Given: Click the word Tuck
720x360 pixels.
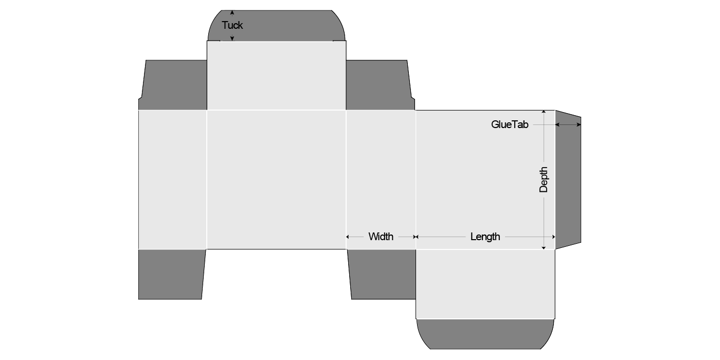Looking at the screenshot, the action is [232, 25].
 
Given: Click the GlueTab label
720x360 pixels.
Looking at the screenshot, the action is [510, 124].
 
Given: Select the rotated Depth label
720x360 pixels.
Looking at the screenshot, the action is [544, 179].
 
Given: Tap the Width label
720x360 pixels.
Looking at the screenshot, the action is [381, 237].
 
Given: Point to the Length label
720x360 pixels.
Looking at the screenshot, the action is [485, 237].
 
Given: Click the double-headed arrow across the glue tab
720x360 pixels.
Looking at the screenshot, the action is [568, 124].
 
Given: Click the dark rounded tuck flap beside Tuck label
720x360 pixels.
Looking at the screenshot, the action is [277, 25].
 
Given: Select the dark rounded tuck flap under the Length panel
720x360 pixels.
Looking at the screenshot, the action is [485, 334].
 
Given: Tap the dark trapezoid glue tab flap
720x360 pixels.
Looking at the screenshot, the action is [568, 179].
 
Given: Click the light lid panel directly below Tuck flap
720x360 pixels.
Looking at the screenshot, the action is [277, 76].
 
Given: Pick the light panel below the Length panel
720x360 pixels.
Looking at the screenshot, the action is [485, 284].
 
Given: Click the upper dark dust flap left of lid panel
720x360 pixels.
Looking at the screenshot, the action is [173, 85].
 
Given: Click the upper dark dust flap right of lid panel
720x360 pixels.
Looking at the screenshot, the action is [380, 85].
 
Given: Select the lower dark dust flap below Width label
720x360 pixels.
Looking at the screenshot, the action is [382, 274].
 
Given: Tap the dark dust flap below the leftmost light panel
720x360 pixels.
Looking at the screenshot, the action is [172, 274].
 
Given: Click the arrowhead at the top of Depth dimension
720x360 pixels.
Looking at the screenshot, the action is [544, 112].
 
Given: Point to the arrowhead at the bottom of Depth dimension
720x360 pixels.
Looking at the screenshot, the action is [544, 247].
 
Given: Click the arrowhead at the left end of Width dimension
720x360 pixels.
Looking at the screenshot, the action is [348, 237].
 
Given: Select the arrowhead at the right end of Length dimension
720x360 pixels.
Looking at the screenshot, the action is [553, 237].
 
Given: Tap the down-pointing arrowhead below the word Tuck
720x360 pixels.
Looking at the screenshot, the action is [232, 39].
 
